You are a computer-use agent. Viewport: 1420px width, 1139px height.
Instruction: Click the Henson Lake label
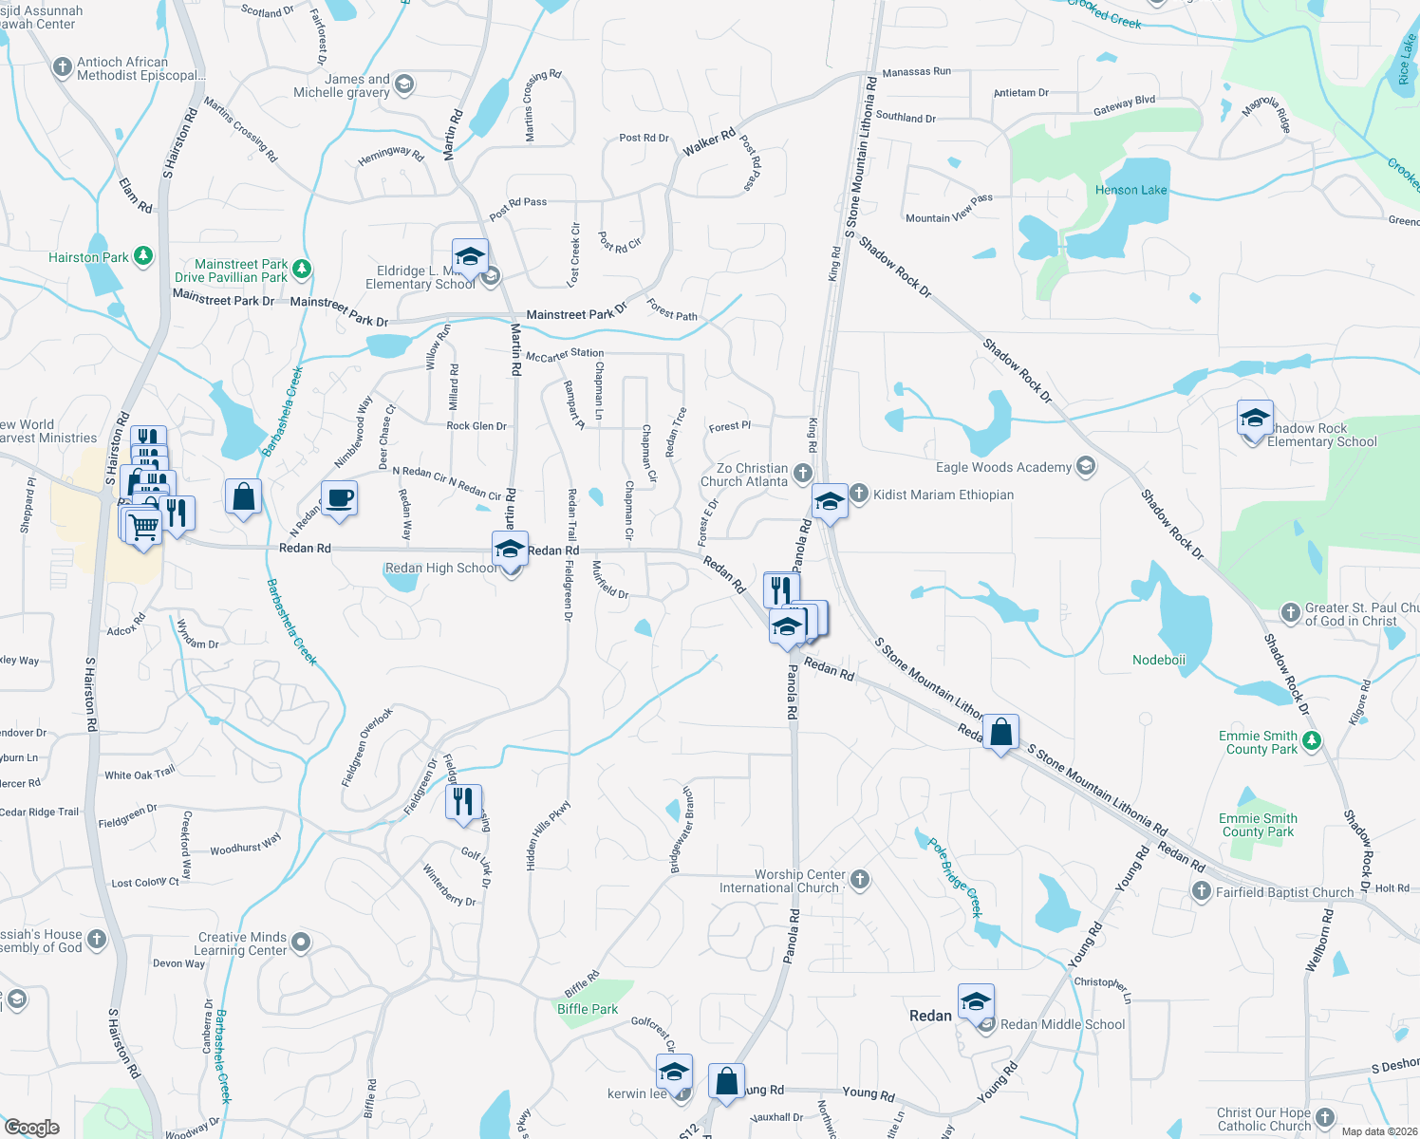tap(1130, 190)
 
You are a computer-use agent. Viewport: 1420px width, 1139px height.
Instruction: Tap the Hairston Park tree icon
tap(142, 256)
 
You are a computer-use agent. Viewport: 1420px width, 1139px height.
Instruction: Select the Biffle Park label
tap(587, 1009)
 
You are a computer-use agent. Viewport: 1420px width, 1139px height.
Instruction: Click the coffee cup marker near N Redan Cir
tap(339, 498)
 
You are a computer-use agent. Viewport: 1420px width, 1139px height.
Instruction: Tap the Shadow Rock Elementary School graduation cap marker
tap(1254, 419)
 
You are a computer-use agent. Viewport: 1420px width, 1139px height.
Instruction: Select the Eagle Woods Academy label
tap(1003, 467)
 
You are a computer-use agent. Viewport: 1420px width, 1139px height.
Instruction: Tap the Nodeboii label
tap(1158, 660)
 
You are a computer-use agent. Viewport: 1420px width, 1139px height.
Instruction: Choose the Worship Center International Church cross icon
tap(860, 879)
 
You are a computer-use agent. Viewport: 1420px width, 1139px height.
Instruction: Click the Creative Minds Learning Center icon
tap(301, 943)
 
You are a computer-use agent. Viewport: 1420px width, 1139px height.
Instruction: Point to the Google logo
tap(31, 1128)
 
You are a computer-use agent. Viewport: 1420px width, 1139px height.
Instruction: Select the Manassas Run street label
tap(916, 72)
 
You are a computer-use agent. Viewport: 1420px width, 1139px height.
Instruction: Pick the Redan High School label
tap(439, 568)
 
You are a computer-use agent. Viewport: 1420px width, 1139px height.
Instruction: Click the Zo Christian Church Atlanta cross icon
tap(803, 473)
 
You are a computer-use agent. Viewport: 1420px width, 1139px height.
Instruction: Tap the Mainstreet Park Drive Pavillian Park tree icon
tap(302, 270)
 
